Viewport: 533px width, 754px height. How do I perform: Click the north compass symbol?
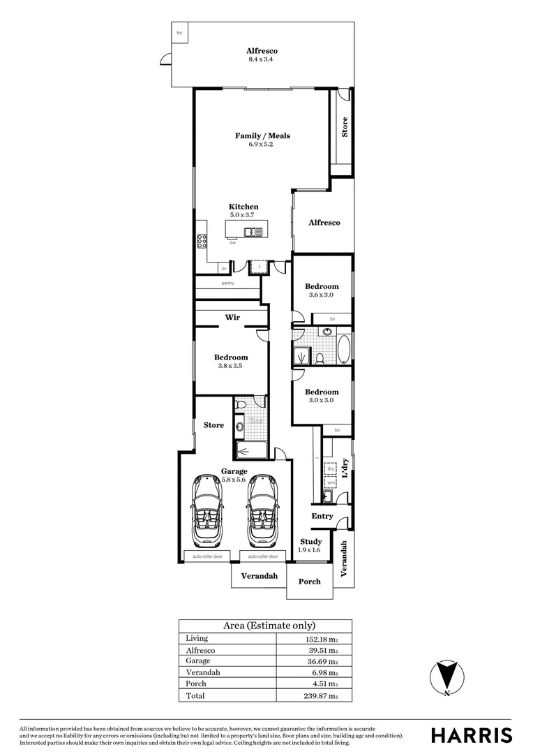point(446,678)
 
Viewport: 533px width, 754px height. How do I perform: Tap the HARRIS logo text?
point(471,735)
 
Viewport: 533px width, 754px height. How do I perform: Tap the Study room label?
point(310,542)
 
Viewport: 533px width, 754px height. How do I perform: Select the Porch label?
point(310,582)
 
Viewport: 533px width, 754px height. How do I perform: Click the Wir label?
point(232,318)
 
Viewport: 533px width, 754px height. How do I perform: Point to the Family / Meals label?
point(262,135)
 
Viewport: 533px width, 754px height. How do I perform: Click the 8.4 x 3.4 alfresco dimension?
point(262,60)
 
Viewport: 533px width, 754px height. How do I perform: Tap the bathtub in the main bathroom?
point(344,350)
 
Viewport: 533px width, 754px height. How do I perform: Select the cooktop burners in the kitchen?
point(202,241)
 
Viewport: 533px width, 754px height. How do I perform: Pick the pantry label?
point(228,283)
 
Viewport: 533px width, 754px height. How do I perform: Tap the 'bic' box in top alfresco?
point(180,33)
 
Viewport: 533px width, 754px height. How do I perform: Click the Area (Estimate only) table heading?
point(269,626)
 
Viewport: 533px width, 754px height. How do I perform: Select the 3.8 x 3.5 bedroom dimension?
point(231,366)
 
